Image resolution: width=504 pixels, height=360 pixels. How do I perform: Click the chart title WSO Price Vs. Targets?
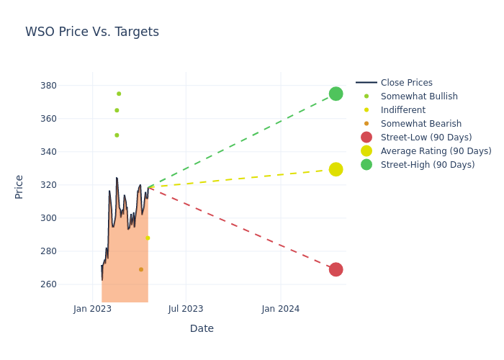click(x=92, y=32)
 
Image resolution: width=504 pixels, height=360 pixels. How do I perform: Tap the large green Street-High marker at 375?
click(x=336, y=94)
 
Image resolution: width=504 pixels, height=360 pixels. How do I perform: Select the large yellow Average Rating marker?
click(x=336, y=169)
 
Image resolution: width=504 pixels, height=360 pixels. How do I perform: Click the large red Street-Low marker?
click(x=336, y=269)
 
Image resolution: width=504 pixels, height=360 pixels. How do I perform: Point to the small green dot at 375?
click(x=119, y=94)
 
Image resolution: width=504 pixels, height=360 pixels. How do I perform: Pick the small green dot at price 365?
click(x=117, y=110)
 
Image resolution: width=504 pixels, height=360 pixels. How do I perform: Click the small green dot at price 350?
click(x=117, y=135)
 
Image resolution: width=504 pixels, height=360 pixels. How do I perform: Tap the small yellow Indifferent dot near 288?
click(x=148, y=238)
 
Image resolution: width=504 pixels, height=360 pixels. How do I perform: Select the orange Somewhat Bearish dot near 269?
click(x=141, y=269)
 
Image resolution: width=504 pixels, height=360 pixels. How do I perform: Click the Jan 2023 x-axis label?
click(x=93, y=309)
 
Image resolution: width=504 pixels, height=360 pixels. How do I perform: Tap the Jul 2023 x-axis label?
click(x=186, y=309)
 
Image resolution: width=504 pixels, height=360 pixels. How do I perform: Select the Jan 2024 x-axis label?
click(x=281, y=309)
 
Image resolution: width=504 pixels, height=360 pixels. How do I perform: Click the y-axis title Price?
click(x=19, y=186)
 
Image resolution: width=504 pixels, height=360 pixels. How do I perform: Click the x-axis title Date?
click(x=202, y=329)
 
